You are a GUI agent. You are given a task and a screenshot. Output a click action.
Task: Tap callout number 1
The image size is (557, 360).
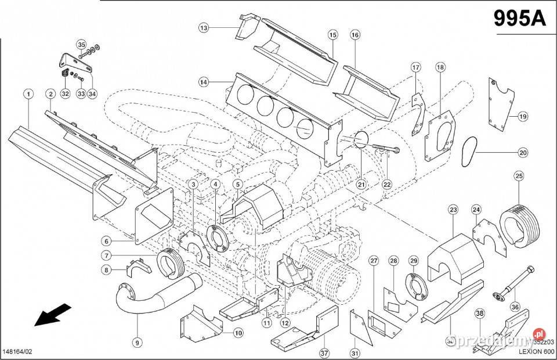tap(27, 93)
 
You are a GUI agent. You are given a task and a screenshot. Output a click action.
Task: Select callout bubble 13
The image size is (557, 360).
tap(203, 27)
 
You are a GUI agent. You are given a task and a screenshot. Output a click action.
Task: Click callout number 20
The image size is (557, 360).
tap(523, 153)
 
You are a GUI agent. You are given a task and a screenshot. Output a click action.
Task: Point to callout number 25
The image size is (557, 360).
tap(519, 175)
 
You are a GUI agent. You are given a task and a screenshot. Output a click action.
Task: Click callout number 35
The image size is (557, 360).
tap(81, 44)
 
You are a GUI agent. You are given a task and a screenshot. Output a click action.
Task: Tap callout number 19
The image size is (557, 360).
tap(523, 116)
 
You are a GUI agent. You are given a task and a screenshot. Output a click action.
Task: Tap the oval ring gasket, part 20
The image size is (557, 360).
tap(468, 152)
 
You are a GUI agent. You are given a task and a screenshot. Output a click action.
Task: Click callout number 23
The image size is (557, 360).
tap(453, 209)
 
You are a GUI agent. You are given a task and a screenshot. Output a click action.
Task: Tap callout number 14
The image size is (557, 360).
tap(203, 82)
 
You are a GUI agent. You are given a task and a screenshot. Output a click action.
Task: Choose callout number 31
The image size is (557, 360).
tap(355, 352)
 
